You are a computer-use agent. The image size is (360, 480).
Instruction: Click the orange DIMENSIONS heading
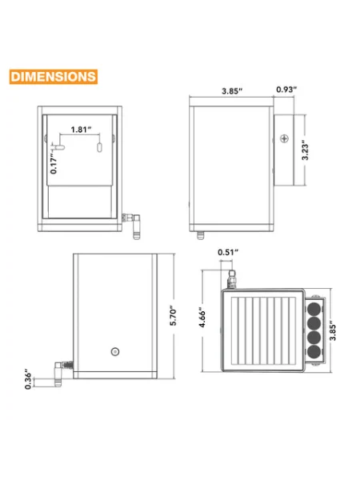(x=54, y=78)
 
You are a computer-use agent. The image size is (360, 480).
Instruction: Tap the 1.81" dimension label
(x=80, y=130)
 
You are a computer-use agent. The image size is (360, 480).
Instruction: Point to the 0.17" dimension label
(x=54, y=162)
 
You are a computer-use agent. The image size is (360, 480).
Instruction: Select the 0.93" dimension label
(x=286, y=90)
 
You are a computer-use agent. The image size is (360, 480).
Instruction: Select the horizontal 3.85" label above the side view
(x=233, y=90)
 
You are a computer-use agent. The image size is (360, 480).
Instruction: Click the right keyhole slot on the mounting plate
(x=98, y=148)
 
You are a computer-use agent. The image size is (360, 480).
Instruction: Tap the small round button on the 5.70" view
(x=114, y=351)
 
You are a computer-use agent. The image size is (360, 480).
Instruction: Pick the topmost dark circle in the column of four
(x=314, y=307)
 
